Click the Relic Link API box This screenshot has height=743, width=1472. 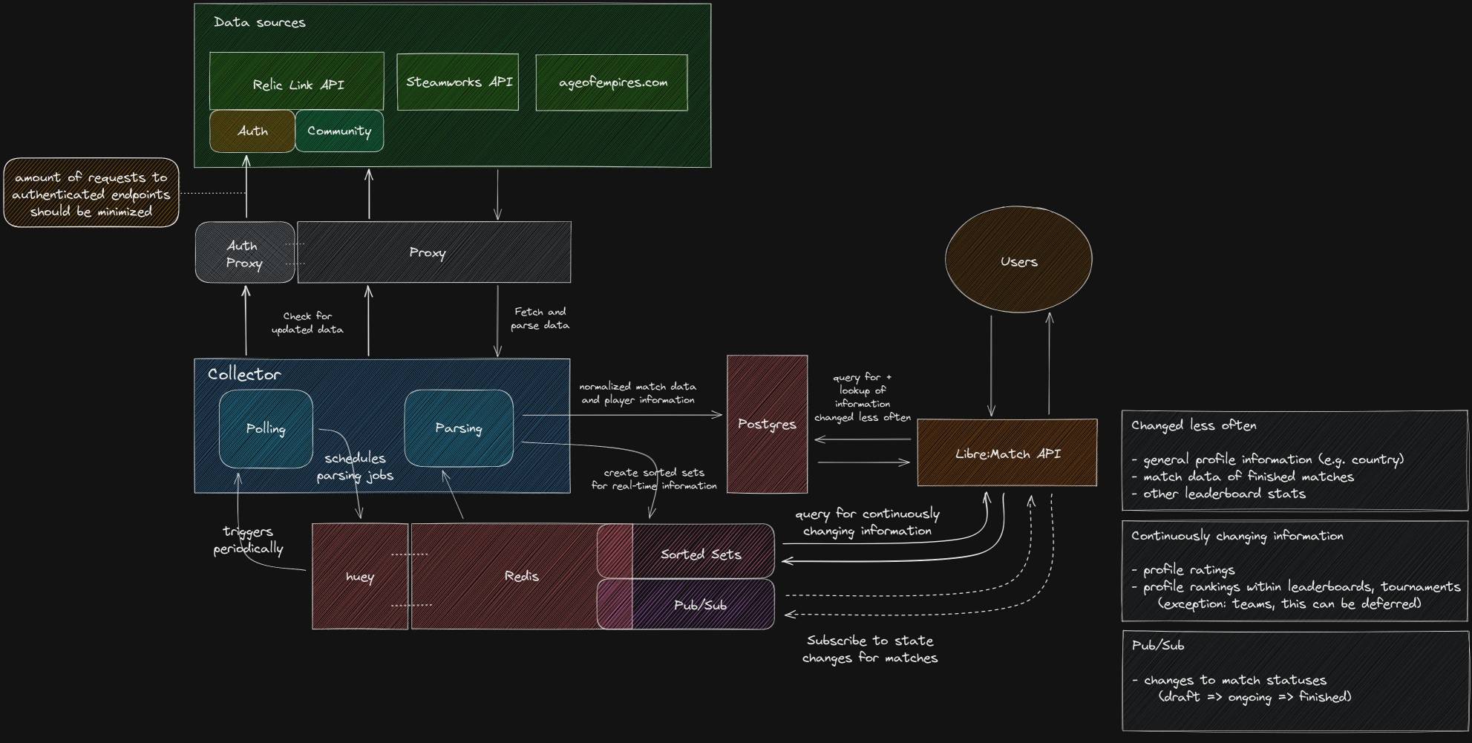297,82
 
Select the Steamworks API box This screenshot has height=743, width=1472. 458,82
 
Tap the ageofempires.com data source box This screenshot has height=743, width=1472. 612,82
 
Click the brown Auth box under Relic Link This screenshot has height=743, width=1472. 252,131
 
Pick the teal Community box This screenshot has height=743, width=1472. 339,131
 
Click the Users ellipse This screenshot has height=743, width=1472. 1018,260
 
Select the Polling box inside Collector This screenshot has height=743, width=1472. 266,428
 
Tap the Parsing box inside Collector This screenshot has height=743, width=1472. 459,428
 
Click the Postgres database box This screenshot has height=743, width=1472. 767,424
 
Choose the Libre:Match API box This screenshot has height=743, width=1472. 1007,453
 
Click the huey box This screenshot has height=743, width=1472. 360,577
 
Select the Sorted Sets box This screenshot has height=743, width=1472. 701,554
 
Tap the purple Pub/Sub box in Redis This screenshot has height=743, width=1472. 700,605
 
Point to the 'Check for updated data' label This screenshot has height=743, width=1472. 307,323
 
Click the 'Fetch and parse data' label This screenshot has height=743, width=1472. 540,318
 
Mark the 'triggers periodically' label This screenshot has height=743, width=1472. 248,540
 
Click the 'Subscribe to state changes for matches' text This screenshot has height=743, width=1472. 870,649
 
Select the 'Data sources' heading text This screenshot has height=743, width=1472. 259,22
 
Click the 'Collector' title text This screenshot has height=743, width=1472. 244,374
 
